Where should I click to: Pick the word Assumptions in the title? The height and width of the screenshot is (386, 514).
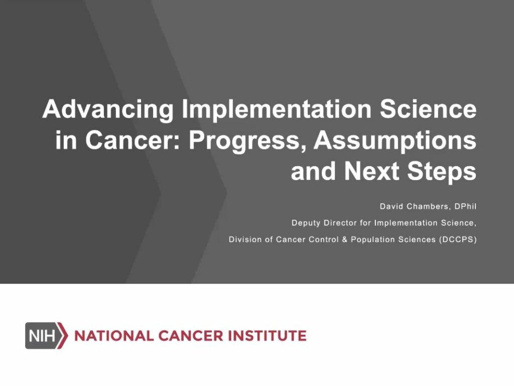click(x=395, y=141)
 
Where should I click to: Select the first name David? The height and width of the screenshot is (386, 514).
click(x=391, y=207)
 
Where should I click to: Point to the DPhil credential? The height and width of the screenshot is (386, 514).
click(x=465, y=207)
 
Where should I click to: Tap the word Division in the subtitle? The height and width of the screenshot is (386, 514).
click(x=244, y=239)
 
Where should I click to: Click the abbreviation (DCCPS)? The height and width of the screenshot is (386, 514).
click(x=457, y=239)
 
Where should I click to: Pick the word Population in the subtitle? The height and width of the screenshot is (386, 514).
click(x=372, y=239)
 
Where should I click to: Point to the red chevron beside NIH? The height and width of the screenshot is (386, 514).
click(x=63, y=335)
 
